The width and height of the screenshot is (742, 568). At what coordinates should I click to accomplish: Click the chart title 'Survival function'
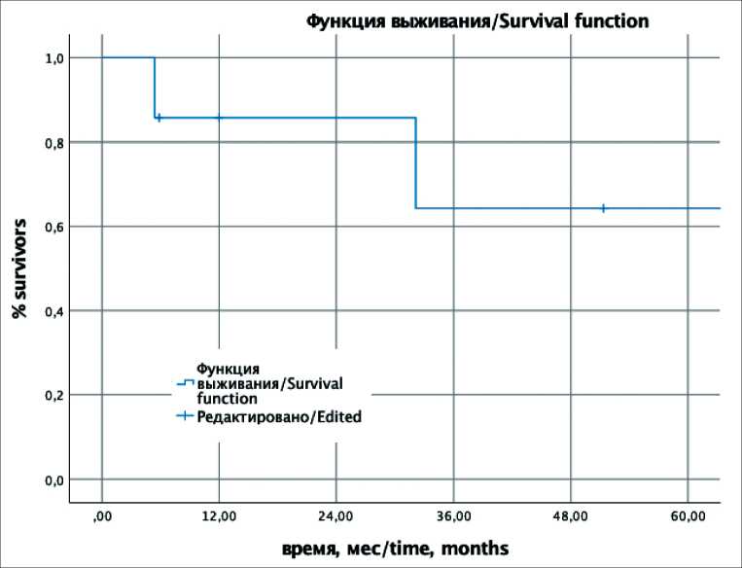477,20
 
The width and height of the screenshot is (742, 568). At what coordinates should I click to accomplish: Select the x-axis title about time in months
394,549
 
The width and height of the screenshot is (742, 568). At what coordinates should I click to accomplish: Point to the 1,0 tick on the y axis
53,58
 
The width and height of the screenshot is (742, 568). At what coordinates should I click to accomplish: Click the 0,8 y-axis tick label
53,143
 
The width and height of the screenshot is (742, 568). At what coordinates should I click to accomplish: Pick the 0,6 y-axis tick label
53,227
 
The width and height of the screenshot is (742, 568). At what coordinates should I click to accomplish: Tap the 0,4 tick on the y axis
53,311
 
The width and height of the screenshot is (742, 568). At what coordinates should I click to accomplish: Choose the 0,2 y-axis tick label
53,396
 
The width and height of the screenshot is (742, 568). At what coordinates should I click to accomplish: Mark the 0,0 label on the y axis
53,480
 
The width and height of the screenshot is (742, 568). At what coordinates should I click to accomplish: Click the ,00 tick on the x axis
101,515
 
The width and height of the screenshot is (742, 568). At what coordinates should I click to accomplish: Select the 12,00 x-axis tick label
219,515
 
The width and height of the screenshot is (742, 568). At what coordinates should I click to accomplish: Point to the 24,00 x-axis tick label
336,515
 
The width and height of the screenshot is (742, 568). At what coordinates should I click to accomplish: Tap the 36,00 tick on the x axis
453,515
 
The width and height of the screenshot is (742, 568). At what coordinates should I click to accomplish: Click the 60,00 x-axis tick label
688,515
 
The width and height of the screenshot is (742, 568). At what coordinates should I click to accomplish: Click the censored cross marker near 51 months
604,208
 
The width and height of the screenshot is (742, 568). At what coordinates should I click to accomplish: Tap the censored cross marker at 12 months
219,118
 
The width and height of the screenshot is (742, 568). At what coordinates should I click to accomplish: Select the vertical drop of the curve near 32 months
416,163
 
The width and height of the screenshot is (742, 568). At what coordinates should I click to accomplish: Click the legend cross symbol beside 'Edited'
184,416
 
